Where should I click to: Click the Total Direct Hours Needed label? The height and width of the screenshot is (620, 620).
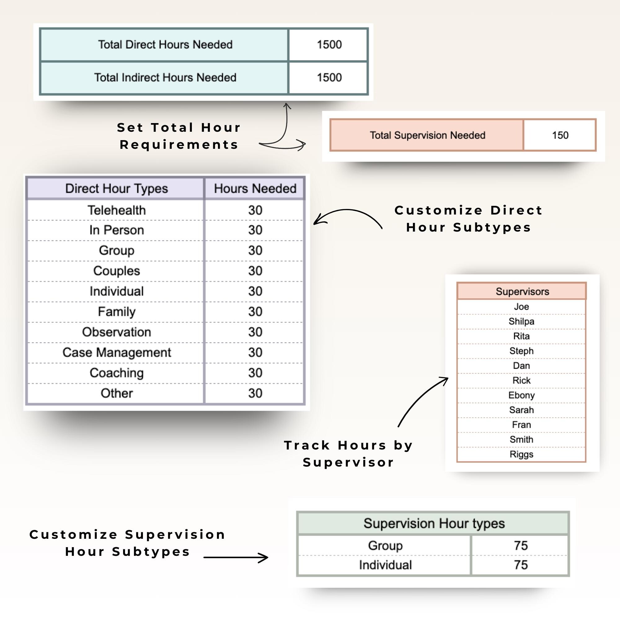[165, 45]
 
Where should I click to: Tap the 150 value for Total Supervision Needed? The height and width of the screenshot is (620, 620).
[560, 135]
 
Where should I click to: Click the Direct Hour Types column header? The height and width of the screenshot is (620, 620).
[117, 189]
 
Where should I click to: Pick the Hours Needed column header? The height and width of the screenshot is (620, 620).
[255, 189]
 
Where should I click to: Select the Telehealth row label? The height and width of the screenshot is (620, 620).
[117, 210]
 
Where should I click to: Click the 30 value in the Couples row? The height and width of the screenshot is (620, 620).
[255, 271]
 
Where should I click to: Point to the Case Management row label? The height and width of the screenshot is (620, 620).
[117, 352]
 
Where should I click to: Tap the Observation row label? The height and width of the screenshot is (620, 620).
[117, 332]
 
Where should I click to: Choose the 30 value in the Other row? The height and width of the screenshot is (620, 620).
[255, 393]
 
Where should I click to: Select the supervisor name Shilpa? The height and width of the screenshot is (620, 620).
[521, 321]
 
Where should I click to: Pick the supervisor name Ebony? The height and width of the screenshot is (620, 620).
[521, 395]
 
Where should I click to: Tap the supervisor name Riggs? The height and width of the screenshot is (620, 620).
[521, 454]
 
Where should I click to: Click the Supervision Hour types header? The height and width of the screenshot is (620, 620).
[434, 523]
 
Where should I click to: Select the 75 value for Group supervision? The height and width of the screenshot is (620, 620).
[520, 545]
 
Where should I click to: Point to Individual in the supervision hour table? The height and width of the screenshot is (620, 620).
[385, 565]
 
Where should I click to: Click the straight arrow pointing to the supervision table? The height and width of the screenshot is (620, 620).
[236, 558]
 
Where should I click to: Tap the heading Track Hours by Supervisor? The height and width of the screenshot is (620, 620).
[348, 454]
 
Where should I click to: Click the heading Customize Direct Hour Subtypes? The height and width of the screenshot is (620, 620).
[468, 219]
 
